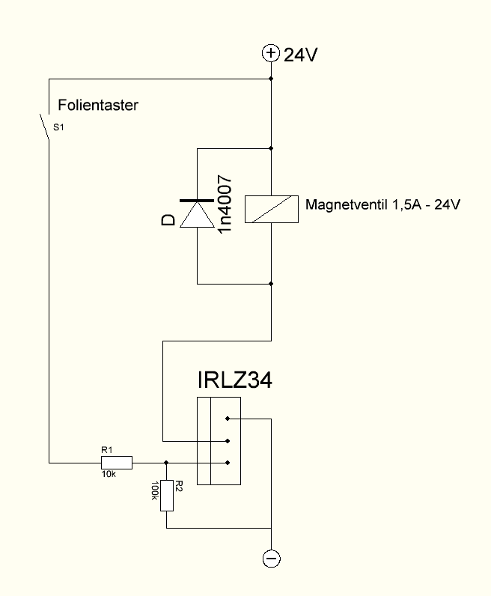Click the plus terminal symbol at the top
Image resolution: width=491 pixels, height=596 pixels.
[270, 53]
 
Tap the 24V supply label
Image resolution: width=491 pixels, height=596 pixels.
[301, 54]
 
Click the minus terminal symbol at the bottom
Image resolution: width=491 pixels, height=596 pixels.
[271, 559]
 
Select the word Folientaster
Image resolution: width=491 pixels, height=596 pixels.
[98, 106]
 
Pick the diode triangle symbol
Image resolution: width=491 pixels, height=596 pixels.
[196, 215]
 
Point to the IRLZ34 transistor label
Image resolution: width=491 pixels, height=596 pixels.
[234, 380]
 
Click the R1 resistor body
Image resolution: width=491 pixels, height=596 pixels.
[117, 462]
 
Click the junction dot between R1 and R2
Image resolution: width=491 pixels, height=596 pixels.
[166, 462]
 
